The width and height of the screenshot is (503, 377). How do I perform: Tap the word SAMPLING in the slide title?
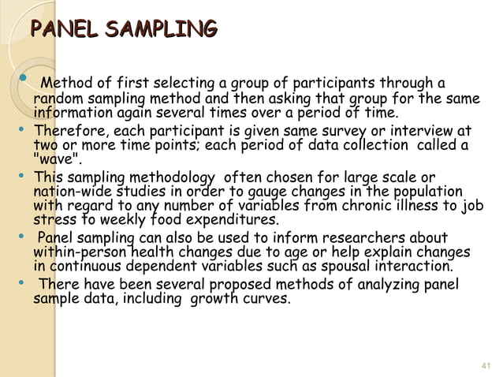tap(160, 31)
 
